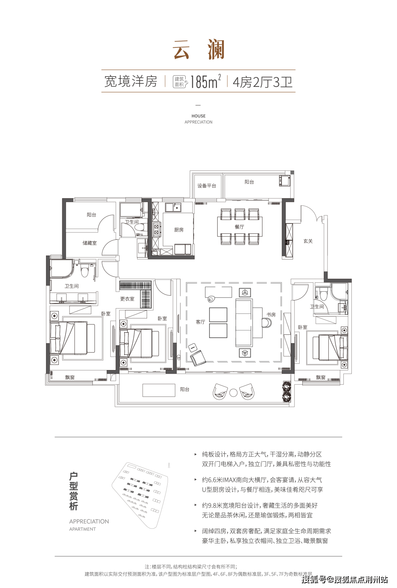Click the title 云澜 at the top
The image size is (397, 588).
point(198,50)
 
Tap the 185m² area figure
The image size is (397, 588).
point(205,82)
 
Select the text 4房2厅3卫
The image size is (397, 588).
point(262,82)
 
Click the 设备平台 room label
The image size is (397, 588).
point(207,186)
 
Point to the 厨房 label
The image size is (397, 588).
point(179,230)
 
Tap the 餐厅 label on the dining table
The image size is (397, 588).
point(239,227)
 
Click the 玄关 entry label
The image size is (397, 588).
point(308,241)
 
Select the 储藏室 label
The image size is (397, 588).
point(90,243)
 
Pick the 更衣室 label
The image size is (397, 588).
point(127,299)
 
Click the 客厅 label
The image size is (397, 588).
point(200,322)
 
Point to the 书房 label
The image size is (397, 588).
point(271,315)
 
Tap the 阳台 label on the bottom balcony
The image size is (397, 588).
point(185,390)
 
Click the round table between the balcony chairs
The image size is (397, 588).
point(233,392)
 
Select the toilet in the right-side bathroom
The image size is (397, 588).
point(323,295)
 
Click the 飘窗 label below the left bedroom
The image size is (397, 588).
point(70,377)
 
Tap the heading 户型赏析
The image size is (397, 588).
point(74,491)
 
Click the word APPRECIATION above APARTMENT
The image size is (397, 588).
point(89,521)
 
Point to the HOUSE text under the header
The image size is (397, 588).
point(198,116)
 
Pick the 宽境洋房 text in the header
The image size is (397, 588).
point(131,81)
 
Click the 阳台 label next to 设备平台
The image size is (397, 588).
point(249,182)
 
